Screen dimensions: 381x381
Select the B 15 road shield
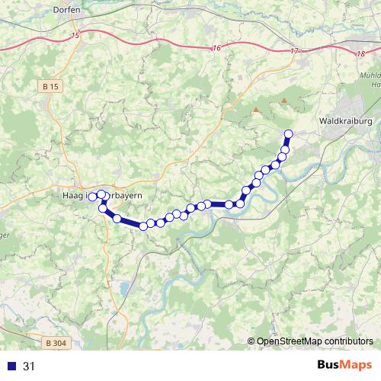click(50, 87)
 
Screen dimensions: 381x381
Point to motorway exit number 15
click(74, 36)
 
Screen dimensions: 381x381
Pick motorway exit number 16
click(217, 48)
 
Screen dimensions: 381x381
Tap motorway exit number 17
click(294, 51)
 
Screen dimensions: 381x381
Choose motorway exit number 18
click(360, 53)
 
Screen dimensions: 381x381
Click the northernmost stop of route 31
click(288, 135)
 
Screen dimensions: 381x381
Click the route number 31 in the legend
click(29, 367)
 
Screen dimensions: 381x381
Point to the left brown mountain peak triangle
click(255, 110)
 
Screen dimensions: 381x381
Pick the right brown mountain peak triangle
click(284, 100)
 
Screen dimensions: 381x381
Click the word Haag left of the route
click(71, 196)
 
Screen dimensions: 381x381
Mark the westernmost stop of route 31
click(91, 197)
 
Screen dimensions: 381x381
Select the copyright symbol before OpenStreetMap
click(251, 341)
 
